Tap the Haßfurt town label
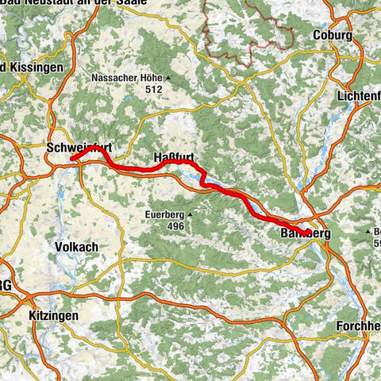click(172, 158)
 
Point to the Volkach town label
click(76, 247)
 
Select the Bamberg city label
click(305, 234)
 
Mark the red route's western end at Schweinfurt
click(72, 158)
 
